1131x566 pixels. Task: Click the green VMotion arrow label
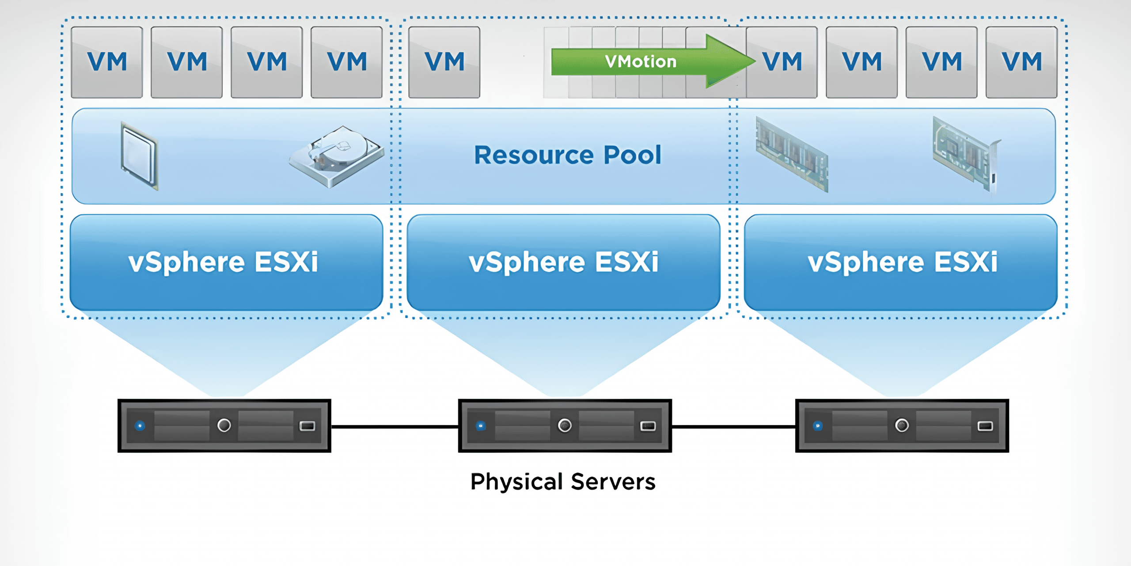click(641, 62)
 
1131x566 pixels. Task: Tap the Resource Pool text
click(567, 155)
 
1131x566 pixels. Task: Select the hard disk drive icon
click(337, 157)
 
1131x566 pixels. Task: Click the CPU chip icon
click(139, 156)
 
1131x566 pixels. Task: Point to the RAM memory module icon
click(792, 155)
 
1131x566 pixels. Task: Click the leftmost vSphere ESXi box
click(226, 262)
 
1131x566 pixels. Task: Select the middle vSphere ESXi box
click(563, 262)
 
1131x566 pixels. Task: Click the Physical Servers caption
click(563, 482)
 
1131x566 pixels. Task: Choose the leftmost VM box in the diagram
click(107, 62)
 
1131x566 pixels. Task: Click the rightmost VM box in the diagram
click(1021, 62)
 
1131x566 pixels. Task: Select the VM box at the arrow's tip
click(782, 62)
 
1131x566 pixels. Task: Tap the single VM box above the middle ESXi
click(444, 62)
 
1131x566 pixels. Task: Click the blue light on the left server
click(140, 426)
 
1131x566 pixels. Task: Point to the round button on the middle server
click(565, 425)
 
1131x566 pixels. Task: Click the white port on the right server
click(985, 426)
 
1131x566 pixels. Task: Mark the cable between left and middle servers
click(395, 426)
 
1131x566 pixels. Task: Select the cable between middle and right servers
click(733, 426)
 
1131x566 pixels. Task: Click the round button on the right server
click(902, 425)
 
